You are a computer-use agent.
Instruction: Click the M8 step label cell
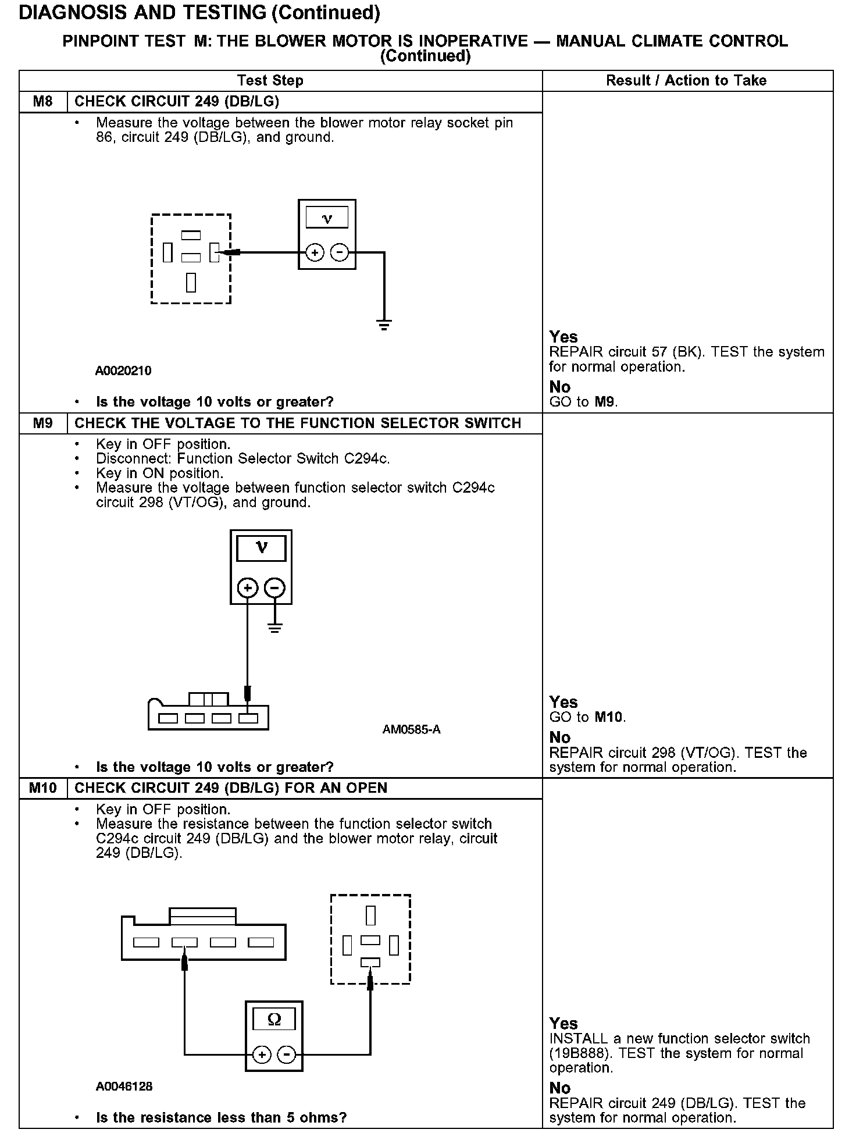pos(43,102)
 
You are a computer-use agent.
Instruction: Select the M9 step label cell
pos(43,423)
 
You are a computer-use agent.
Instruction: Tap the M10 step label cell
pos(43,788)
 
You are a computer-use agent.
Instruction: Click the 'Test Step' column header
pos(270,81)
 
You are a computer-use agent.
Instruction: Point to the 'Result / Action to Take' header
pos(686,81)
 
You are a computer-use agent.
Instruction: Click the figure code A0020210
pos(123,371)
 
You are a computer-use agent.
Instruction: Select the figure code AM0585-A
pos(411,729)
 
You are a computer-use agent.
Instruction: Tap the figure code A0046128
pos(124,1086)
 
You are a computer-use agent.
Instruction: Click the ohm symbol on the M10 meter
pos(274,1020)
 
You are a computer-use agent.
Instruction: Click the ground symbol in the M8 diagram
pos(384,325)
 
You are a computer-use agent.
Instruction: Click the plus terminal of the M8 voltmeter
pos(315,253)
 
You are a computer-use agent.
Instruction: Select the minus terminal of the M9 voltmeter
pos(275,588)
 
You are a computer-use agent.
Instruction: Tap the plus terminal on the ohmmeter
pos(262,1055)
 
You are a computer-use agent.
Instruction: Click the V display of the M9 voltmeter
pos(262,548)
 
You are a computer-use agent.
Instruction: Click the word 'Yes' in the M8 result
pos(563,337)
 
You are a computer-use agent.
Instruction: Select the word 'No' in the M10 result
pos(560,1088)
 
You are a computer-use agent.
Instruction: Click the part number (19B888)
pos(576,1053)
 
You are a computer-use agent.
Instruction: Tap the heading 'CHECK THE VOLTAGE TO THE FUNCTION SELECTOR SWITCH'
pos(298,423)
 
